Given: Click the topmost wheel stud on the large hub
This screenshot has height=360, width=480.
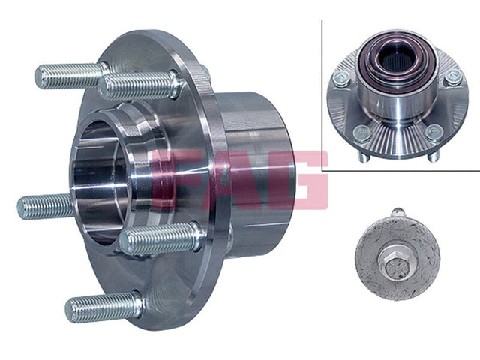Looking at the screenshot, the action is coord(71,75).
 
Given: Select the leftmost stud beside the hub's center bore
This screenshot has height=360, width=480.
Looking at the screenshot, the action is coord(46,207).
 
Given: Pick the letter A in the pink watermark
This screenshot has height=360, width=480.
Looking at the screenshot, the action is coord(238,180).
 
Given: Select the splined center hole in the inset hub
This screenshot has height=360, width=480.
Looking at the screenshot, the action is coord(396,60).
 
